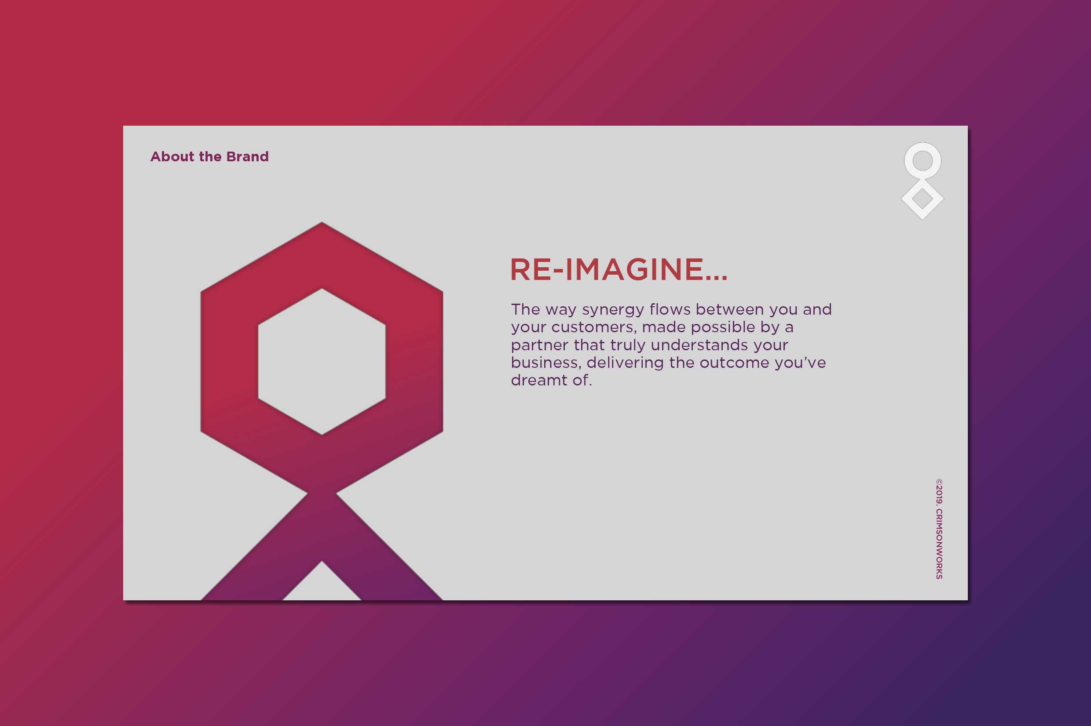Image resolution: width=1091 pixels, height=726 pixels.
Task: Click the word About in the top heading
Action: [172, 156]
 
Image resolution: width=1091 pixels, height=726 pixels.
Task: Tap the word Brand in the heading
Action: [248, 156]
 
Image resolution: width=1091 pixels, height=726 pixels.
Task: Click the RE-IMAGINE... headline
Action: [619, 269]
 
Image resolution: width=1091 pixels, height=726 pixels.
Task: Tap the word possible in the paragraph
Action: [723, 328]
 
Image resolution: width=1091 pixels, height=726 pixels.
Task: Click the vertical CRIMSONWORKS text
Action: [939, 544]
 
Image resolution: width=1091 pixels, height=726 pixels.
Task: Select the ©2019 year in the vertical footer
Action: [939, 491]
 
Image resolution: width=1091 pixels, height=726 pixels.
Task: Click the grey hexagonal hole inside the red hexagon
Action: [322, 362]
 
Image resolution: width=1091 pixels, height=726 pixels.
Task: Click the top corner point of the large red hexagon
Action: [322, 222]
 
